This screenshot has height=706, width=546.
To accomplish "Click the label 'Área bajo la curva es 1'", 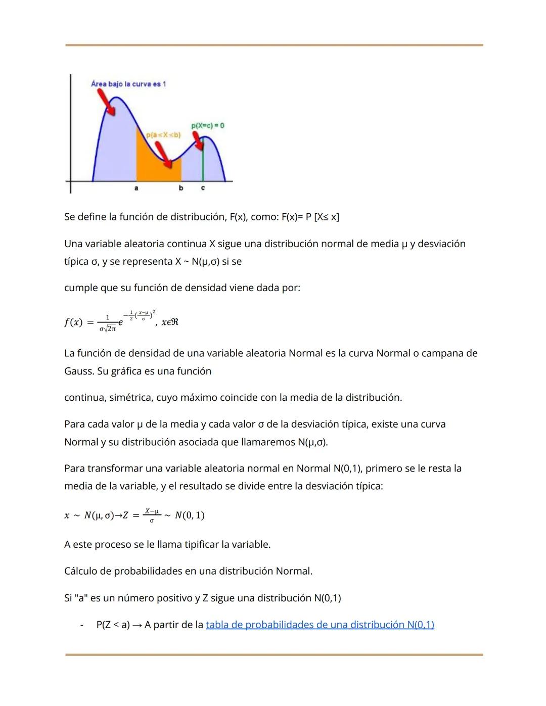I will [128, 84].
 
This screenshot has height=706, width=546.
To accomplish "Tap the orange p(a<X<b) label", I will [163, 135].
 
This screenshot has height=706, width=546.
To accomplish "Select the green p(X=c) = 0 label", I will [207, 125].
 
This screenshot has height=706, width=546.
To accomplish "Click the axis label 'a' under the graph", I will [136, 189].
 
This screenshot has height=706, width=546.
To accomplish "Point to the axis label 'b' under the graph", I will [181, 189].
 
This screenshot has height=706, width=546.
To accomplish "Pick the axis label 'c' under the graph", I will [203, 189].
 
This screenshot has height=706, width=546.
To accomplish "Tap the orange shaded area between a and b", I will [152, 167].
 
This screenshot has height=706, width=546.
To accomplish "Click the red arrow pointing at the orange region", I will [162, 153].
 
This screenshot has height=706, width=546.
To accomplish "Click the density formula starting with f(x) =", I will [121, 321].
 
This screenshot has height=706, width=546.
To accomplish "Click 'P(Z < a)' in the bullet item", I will [113, 625].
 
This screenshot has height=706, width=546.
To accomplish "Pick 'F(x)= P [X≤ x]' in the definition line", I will [310, 217].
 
